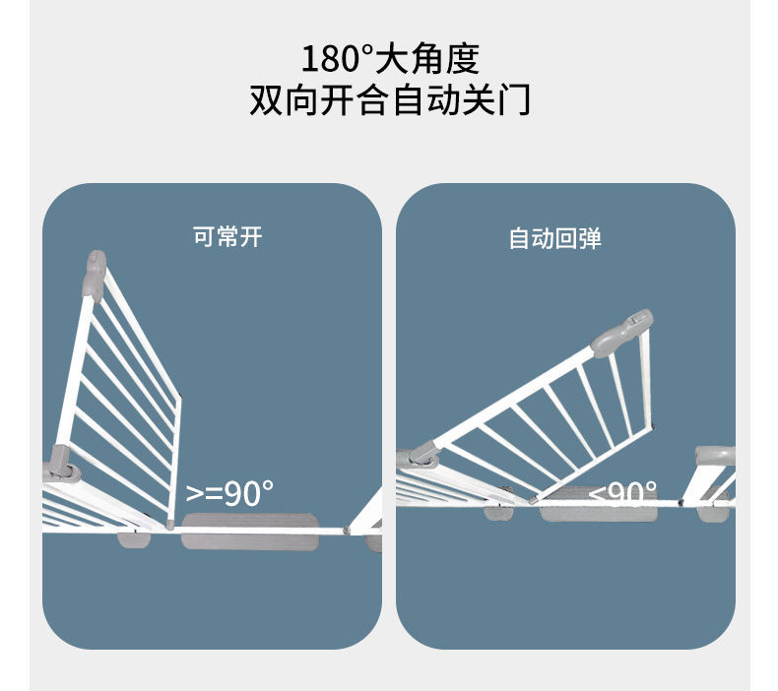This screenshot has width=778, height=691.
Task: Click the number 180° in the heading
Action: (337, 58)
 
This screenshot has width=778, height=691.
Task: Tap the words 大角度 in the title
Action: (427, 58)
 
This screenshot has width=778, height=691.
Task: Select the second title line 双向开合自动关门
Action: (390, 99)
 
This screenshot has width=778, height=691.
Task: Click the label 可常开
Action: (227, 236)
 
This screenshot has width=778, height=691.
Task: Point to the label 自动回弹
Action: (555, 238)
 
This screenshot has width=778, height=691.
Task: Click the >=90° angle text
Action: (229, 493)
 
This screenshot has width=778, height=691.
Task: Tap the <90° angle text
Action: (622, 491)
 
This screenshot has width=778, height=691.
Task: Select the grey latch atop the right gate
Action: (621, 333)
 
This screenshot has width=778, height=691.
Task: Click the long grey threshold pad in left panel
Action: (249, 532)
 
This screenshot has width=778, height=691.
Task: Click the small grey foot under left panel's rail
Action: (134, 540)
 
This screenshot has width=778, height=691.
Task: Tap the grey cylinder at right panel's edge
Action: (715, 456)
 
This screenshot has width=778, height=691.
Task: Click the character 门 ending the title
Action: (515, 99)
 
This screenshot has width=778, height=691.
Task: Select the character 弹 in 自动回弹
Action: (591, 238)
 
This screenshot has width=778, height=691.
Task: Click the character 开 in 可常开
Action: (251, 236)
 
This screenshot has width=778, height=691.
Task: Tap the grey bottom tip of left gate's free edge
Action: (170, 525)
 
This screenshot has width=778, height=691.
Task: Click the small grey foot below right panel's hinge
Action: (498, 513)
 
